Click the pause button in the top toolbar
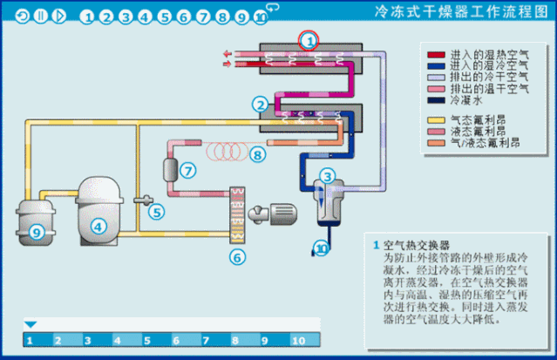[40, 16]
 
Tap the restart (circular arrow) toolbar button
[22, 16]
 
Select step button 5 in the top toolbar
[163, 16]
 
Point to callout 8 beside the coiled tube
[256, 154]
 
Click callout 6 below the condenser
[235, 256]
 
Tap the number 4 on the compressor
[98, 227]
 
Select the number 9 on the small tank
[36, 232]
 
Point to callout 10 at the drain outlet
[323, 249]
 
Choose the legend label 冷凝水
[465, 99]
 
